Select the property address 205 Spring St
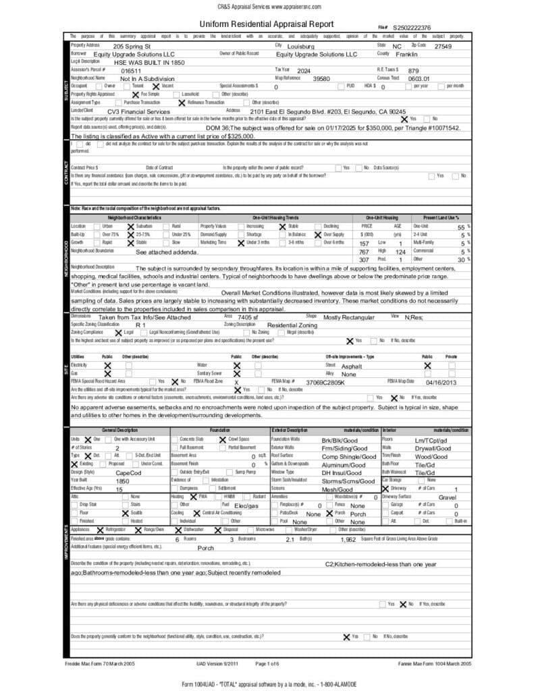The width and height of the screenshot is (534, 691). point(132,46)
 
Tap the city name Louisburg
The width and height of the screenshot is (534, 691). point(301,46)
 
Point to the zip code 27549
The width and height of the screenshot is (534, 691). point(443,46)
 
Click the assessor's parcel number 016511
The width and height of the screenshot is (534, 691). point(131,70)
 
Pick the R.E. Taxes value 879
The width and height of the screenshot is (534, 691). point(414,70)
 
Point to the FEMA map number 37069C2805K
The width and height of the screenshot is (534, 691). point(325,382)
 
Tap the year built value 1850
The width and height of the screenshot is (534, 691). point(122,481)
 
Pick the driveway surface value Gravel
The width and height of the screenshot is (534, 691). point(448,497)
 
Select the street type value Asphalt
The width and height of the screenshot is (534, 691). point(352,366)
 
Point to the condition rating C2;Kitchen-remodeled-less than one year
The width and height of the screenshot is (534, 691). point(381,563)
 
